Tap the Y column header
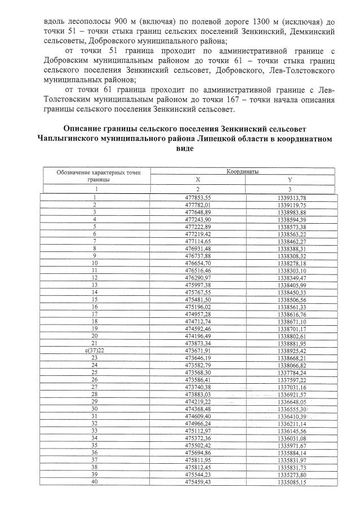(x=290, y=180)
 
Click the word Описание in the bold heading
(x=85, y=128)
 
